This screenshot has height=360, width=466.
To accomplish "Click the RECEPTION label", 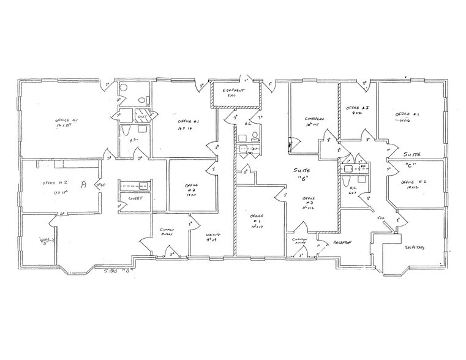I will (342, 242).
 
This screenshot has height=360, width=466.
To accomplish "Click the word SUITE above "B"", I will (298, 168).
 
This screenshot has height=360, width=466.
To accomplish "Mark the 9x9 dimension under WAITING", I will (212, 241).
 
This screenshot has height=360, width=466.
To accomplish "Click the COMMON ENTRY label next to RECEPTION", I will (300, 241).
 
